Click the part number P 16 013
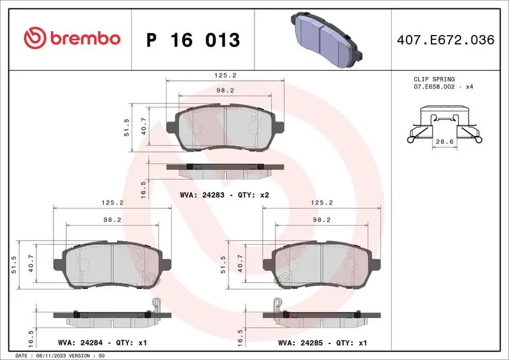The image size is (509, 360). click(193, 40)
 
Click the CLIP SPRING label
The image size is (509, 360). click(434, 80)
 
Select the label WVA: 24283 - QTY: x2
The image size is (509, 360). click(225, 195)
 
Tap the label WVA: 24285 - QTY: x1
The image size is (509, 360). click(323, 342)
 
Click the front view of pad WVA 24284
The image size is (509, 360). click(112, 266)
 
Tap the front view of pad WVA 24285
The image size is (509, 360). click(322, 266)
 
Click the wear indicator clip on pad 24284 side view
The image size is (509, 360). click(151, 305)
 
